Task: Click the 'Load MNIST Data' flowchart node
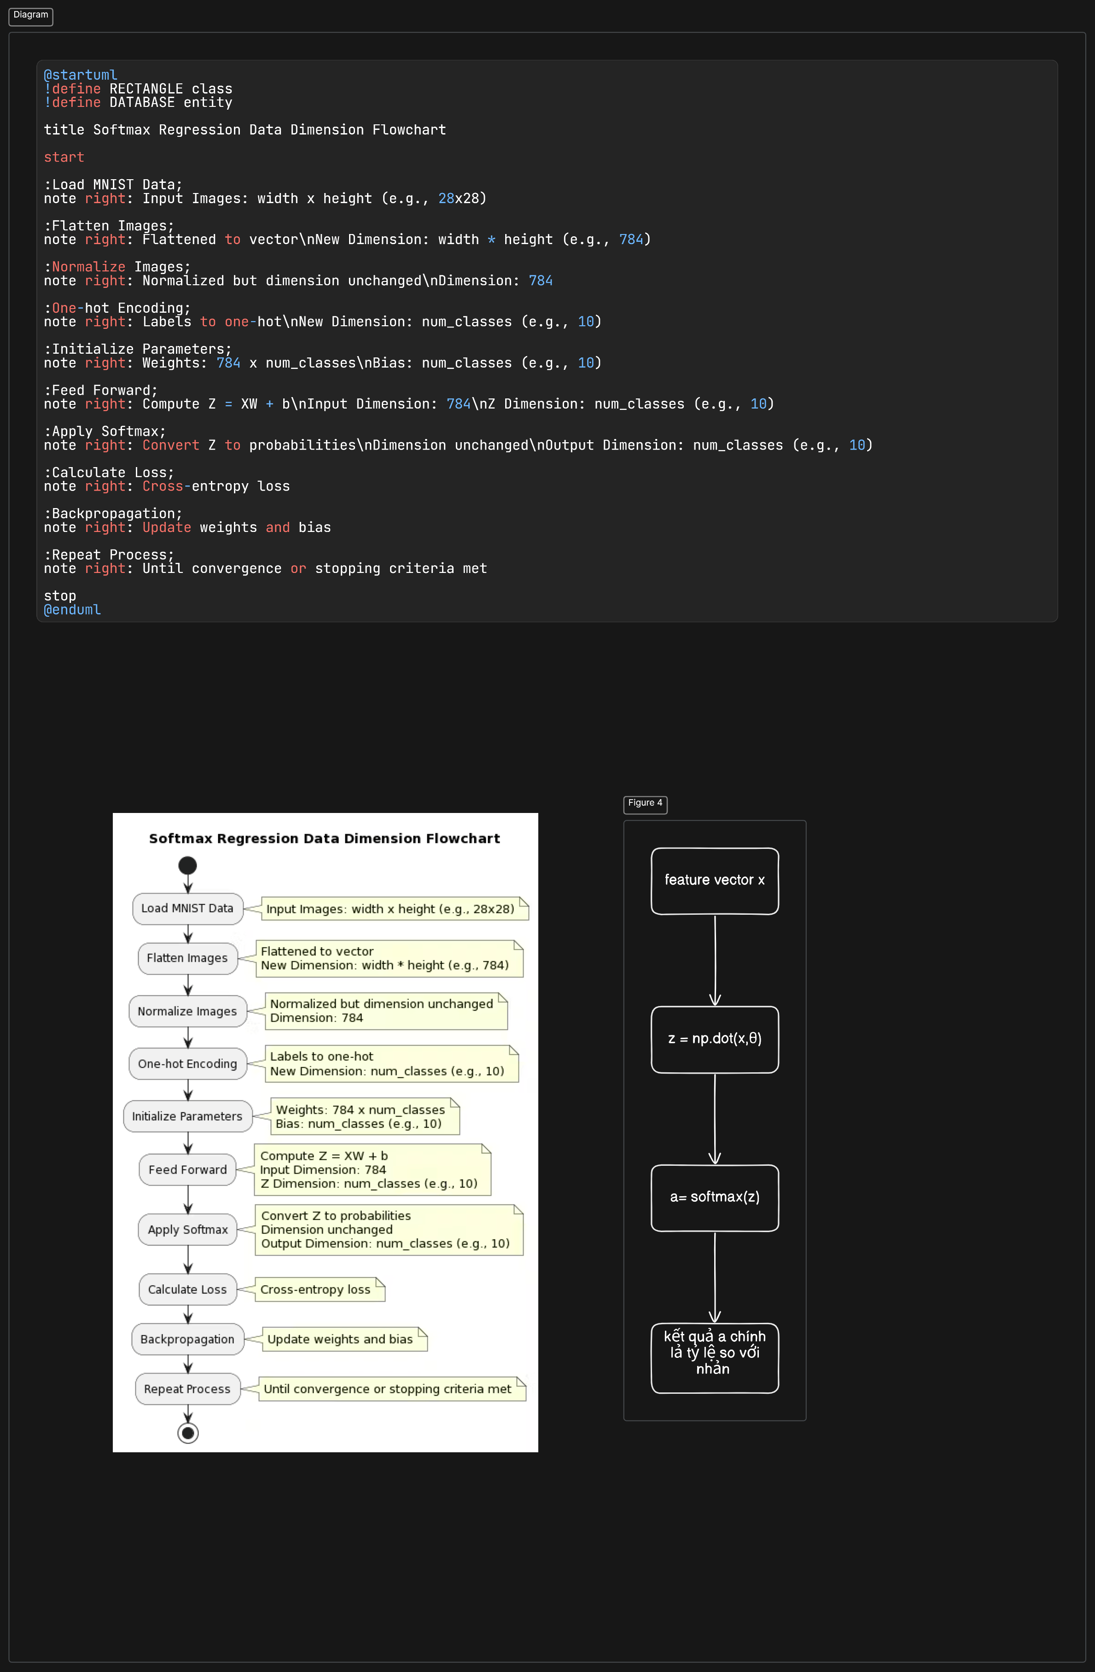coord(187,908)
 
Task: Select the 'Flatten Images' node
coord(187,958)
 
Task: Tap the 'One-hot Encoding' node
coord(187,1064)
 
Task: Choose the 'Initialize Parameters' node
coord(187,1117)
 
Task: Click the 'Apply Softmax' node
coord(187,1229)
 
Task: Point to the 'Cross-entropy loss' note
coord(320,1289)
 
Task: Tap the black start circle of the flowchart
coord(187,865)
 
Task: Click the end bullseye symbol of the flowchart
coord(187,1433)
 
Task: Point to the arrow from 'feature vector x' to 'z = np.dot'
coord(715,960)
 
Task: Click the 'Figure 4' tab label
coord(645,803)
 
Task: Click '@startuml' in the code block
coord(80,75)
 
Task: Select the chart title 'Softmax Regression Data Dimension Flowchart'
coord(325,838)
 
